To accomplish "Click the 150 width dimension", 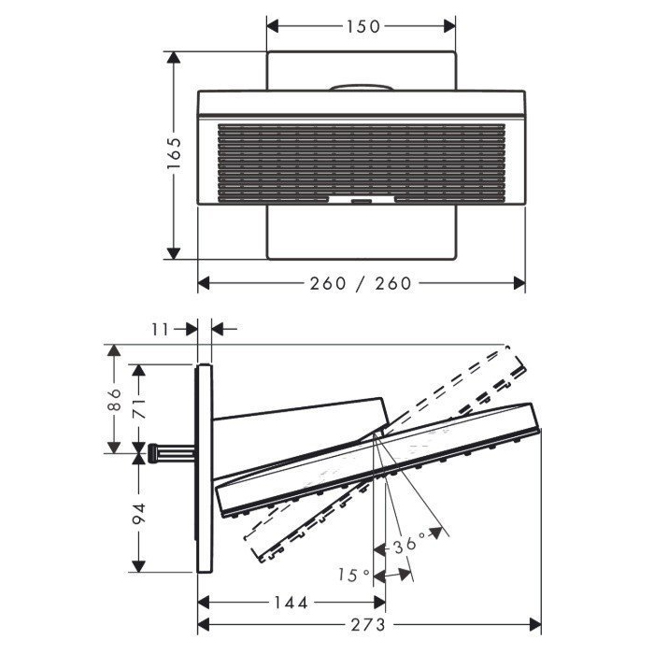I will [x=362, y=26].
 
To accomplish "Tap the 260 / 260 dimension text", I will [x=362, y=283].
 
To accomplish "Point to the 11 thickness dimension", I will [x=159, y=329].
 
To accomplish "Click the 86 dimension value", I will [x=114, y=400].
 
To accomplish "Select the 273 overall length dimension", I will [x=369, y=624].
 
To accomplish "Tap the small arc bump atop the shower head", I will [x=361, y=89].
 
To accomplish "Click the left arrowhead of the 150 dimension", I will [x=272, y=26].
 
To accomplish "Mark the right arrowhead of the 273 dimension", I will [x=537, y=624].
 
